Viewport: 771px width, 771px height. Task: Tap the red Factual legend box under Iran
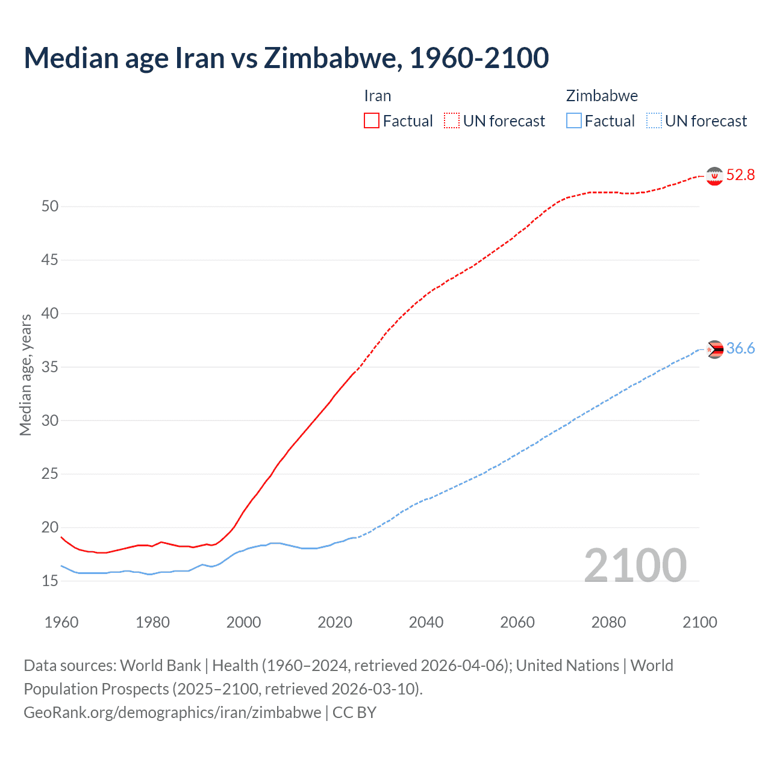[372, 121]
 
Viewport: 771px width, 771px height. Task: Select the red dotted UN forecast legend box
[452, 121]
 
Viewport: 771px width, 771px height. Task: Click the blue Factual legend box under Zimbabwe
[574, 121]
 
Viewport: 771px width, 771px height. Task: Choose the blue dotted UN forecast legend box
[654, 121]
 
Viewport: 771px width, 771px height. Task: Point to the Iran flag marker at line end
[714, 176]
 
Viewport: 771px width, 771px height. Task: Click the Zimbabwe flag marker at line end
[714, 349]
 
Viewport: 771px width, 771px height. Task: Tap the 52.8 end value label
[740, 175]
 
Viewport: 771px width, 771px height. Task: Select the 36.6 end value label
[740, 349]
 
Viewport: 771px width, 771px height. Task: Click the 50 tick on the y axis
[50, 207]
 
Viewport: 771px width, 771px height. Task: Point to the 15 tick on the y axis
[50, 581]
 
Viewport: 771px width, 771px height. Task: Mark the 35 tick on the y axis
[50, 367]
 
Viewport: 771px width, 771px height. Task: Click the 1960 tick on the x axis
[61, 622]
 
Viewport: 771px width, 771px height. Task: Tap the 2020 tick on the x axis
[335, 622]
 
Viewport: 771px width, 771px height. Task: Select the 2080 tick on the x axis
[608, 622]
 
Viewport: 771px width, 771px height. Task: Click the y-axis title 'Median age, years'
[25, 375]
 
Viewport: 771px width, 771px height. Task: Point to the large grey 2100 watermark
[635, 566]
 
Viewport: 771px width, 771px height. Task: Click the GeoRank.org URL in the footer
[172, 713]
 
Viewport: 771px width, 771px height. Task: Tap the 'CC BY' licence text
[355, 713]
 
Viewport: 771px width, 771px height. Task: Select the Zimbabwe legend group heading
[602, 96]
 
